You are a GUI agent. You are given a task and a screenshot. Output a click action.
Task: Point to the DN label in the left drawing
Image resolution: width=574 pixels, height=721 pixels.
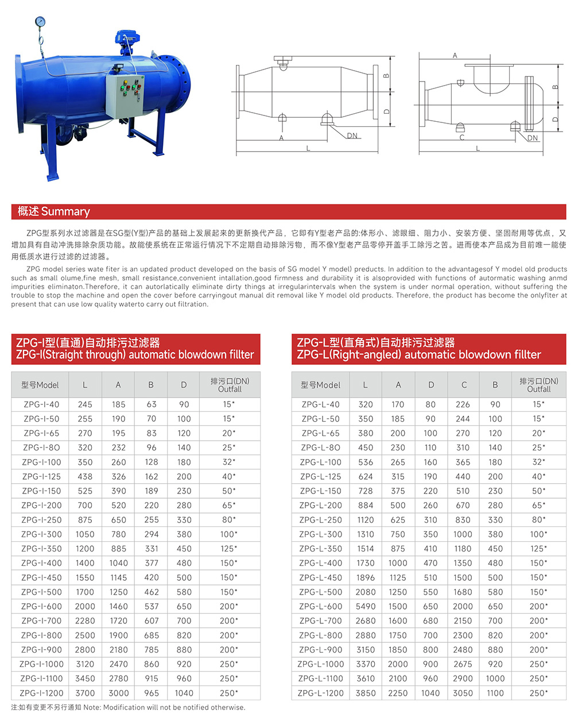(352, 136)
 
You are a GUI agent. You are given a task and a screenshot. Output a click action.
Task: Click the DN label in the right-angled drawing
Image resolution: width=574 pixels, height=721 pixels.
(533, 138)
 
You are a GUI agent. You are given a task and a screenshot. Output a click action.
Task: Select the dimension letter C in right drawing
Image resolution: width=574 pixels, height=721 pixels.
(462, 138)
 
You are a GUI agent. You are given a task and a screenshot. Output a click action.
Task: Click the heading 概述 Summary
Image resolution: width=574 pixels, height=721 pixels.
(54, 211)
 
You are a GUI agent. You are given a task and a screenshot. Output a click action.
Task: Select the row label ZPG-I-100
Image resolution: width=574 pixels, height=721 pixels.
(41, 462)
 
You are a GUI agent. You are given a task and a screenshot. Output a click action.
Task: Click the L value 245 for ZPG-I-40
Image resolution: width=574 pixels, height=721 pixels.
(85, 404)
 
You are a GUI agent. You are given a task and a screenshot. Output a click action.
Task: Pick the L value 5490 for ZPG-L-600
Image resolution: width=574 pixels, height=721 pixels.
(366, 606)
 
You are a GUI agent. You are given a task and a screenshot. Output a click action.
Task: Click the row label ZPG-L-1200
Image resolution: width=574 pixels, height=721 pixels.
(321, 693)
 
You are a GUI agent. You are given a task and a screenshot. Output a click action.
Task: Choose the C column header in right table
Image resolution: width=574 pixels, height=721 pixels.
(464, 385)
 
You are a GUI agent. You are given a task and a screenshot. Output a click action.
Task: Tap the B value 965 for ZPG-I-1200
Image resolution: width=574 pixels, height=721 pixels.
(152, 693)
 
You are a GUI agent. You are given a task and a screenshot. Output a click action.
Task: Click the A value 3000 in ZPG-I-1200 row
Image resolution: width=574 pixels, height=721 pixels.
(119, 693)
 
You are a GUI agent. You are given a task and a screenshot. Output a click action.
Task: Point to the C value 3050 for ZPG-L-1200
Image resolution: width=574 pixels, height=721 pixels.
(463, 693)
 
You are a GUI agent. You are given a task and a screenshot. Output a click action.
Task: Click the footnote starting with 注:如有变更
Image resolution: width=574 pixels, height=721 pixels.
(128, 707)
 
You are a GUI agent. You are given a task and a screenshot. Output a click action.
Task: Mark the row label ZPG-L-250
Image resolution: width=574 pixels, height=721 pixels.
(321, 520)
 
